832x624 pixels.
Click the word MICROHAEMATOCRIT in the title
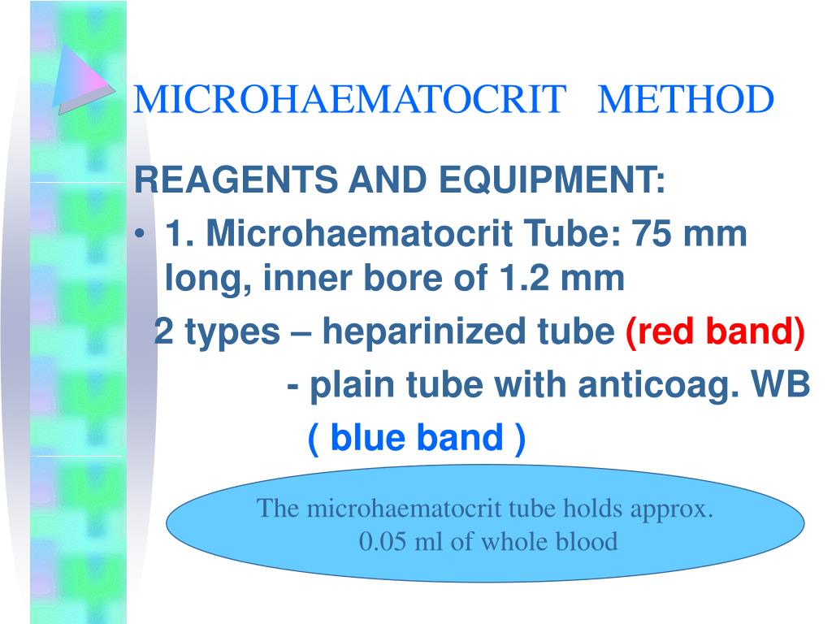(349, 100)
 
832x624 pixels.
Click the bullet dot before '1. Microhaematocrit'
(141, 236)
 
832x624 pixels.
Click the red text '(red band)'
(715, 332)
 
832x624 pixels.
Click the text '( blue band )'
(417, 440)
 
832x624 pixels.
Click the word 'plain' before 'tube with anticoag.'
(350, 386)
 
